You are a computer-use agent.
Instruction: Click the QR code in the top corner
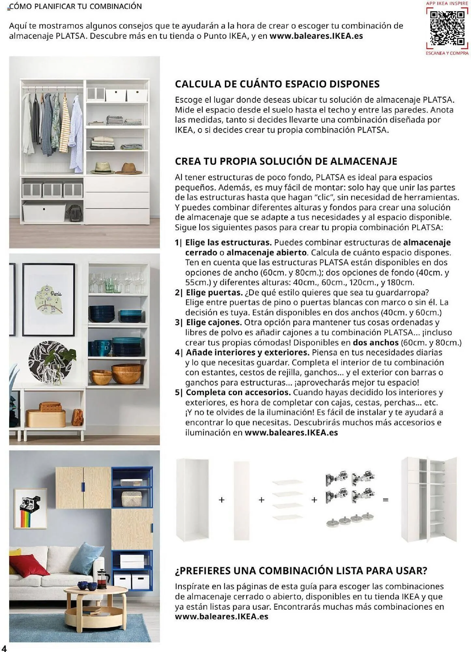447,28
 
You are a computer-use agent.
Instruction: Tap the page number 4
4,648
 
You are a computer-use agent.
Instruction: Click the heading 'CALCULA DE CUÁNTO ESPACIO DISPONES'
277,84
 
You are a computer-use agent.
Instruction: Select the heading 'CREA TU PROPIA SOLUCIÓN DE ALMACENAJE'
286,161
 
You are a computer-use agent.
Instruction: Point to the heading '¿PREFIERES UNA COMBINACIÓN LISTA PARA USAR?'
301,571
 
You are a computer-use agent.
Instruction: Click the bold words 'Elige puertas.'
214,292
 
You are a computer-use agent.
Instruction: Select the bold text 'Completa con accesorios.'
238,392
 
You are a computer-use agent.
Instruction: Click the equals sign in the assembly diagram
386,500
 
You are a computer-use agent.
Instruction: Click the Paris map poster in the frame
49,299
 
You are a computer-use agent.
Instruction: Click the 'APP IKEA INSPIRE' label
447,4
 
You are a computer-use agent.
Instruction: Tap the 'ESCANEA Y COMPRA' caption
447,53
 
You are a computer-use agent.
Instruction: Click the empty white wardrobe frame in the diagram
193,499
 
